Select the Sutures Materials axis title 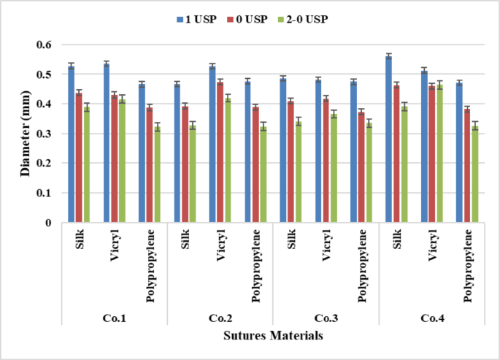coord(273,335)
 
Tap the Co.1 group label coord(115,319)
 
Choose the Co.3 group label coord(326,319)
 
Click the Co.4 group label coord(431,319)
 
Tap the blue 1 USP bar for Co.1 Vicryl coord(107,143)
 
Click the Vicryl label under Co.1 coord(114,248)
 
